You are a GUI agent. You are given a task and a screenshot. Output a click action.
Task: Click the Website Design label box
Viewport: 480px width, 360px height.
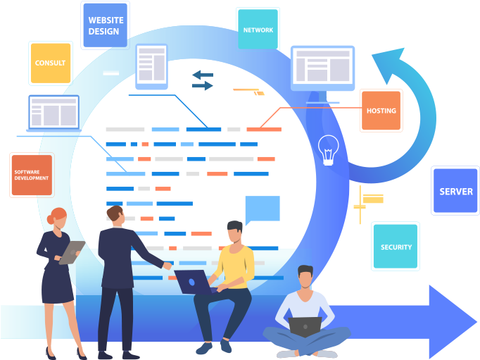click(x=105, y=25)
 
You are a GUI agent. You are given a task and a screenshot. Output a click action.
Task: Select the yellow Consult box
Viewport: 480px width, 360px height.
click(x=50, y=63)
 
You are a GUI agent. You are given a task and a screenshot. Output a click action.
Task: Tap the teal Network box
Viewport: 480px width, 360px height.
click(x=258, y=30)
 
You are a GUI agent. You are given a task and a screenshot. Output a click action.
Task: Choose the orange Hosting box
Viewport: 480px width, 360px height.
click(x=381, y=111)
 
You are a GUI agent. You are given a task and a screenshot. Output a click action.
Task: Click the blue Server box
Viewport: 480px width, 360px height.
click(x=455, y=191)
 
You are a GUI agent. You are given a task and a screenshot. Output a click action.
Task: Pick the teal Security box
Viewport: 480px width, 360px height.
click(x=396, y=247)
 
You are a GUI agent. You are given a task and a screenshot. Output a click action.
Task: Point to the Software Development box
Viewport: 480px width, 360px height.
click(x=31, y=175)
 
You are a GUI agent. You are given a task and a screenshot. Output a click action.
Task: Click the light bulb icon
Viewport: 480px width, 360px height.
click(x=328, y=149)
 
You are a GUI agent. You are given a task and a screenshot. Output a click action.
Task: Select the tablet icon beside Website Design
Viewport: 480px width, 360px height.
click(x=151, y=66)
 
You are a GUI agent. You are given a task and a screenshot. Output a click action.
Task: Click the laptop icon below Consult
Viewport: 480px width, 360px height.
click(x=53, y=113)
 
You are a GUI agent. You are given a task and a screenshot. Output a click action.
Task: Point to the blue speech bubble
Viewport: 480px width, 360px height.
click(x=262, y=209)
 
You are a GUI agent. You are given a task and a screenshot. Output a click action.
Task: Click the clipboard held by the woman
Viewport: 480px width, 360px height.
click(x=71, y=252)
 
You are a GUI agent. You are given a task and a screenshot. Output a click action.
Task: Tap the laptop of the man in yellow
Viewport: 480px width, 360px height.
click(x=194, y=281)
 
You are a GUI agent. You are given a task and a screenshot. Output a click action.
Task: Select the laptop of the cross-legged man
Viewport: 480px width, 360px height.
click(x=305, y=325)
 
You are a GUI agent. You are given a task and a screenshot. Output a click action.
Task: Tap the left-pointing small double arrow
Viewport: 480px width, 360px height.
click(x=203, y=74)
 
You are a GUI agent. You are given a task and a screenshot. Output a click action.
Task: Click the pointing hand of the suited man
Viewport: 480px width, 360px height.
click(x=166, y=266)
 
